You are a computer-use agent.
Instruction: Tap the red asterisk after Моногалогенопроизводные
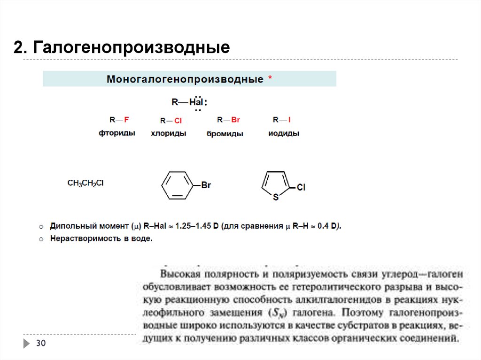270,78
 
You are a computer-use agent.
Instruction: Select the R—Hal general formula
188,102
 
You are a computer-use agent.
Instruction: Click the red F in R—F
126,120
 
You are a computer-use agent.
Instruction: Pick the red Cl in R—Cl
178,121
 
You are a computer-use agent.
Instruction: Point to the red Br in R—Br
235,120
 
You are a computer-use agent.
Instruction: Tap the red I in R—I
289,120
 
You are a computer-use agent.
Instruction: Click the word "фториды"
117,133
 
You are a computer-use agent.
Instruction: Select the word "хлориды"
168,133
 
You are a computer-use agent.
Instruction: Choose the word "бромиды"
225,134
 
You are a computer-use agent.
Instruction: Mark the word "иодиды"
284,133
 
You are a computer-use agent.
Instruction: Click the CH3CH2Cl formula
85,184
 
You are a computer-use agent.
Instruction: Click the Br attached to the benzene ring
206,185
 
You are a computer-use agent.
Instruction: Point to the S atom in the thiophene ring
276,198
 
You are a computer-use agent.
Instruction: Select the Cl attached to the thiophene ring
301,187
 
